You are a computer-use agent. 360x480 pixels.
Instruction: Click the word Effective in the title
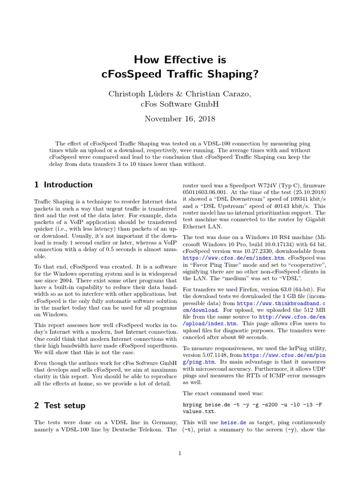pos(180,60)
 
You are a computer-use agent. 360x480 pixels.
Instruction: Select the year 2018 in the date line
pos(206,119)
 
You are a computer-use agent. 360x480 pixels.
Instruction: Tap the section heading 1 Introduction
pos(63,184)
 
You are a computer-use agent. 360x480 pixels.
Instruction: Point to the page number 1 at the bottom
pos(180,453)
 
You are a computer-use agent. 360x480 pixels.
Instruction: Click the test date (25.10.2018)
pos(293,192)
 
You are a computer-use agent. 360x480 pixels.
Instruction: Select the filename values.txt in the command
pos(199,411)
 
